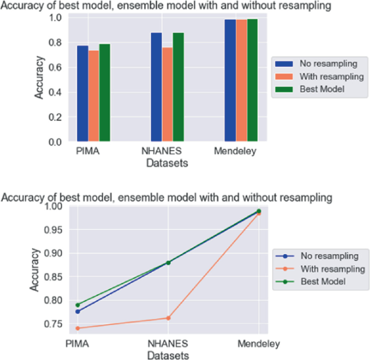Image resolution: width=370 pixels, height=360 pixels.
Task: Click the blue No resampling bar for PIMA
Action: point(82,93)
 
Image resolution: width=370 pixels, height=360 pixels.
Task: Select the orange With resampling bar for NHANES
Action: point(167,94)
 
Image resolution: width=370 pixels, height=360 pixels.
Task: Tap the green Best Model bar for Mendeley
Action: point(252,80)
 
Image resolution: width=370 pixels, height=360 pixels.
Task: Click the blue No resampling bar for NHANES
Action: point(156,87)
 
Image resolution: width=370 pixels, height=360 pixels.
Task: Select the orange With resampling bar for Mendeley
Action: point(241,80)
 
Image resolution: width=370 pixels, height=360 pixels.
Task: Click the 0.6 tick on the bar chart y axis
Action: point(56,67)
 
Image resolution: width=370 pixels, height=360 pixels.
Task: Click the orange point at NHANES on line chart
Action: point(168,318)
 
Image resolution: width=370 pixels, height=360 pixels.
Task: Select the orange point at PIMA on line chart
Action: point(78,328)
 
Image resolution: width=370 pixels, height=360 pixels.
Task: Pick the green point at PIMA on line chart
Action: point(78,305)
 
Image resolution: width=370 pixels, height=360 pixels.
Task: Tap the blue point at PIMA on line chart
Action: point(78,311)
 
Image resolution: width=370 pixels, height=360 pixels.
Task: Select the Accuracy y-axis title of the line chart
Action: point(35,270)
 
